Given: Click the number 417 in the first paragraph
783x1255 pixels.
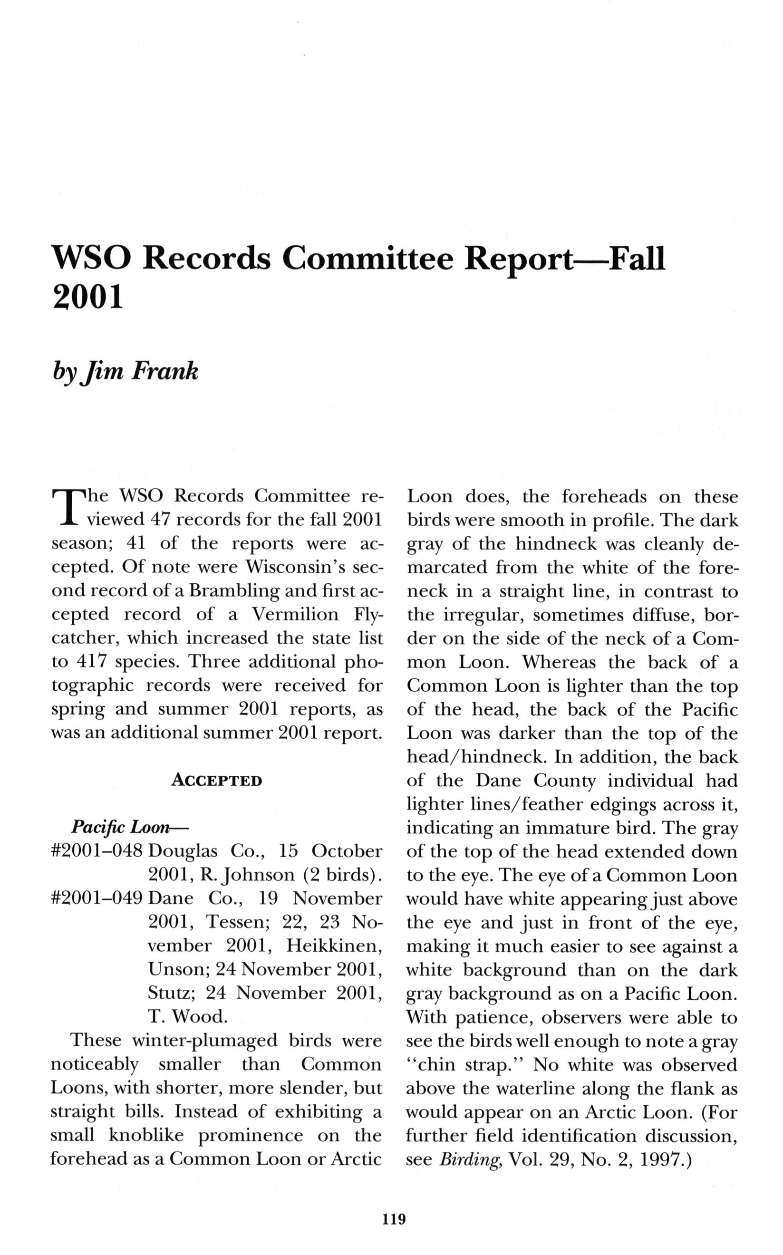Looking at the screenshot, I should [x=91, y=662].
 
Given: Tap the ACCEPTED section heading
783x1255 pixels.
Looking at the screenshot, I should [x=216, y=780].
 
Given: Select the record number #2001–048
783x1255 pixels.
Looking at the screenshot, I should [x=97, y=851].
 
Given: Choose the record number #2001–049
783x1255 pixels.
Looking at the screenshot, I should [x=97, y=898].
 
